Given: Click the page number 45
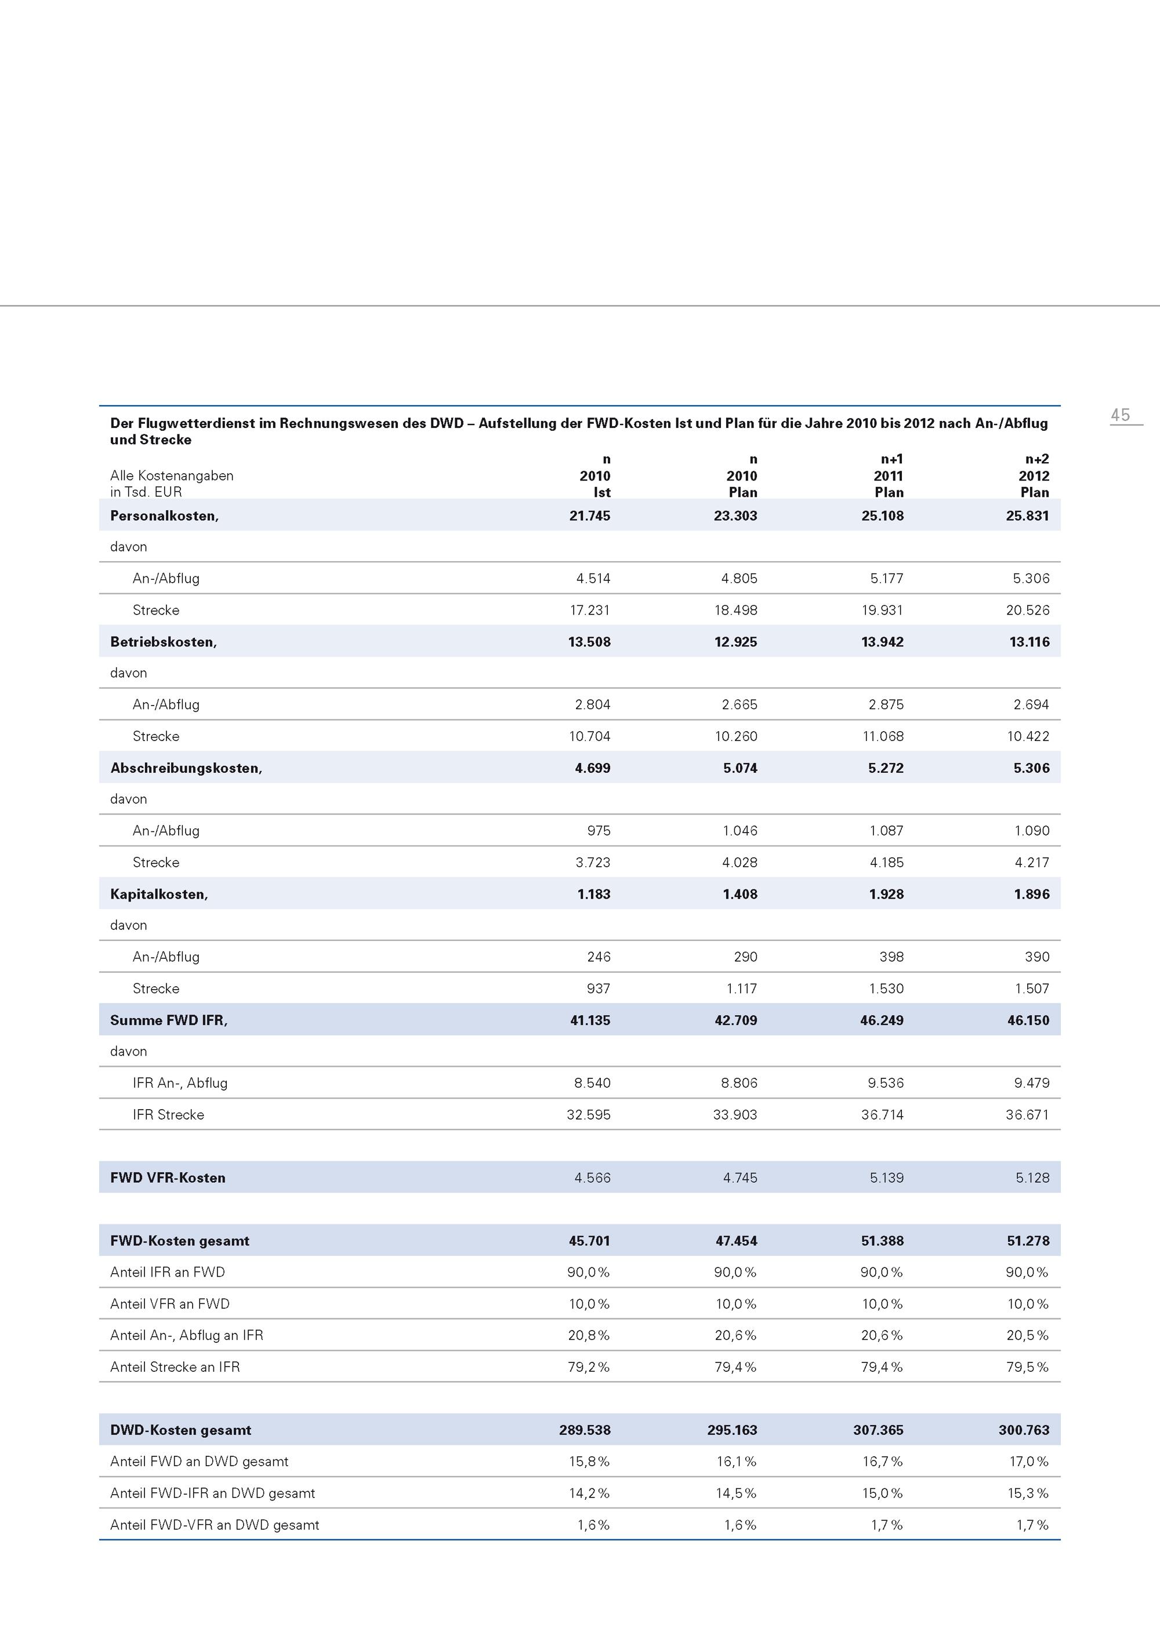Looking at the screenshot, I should click(x=1120, y=415).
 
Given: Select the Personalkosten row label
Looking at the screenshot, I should click(x=164, y=516).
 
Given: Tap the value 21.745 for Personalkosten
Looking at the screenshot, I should click(x=589, y=516).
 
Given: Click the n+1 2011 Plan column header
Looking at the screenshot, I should click(x=889, y=475).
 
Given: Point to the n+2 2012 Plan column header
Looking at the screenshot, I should click(x=1034, y=475).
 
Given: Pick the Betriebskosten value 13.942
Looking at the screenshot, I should click(x=882, y=642).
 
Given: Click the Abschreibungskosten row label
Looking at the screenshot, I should click(x=186, y=768).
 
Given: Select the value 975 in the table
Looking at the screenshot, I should click(x=599, y=831).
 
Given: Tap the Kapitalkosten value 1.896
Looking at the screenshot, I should click(x=1031, y=894).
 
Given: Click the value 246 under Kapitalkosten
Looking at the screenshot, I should click(x=599, y=957).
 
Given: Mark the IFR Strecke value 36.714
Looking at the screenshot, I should click(x=882, y=1114).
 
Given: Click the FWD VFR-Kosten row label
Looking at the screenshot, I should click(x=168, y=1178).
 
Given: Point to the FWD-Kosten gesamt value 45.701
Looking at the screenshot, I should click(x=589, y=1241).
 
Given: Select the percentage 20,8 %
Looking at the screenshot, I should click(x=589, y=1335).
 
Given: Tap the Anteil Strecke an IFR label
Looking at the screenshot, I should click(x=175, y=1367).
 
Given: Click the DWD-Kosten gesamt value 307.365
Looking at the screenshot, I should click(x=878, y=1430).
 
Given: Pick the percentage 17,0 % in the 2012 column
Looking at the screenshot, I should click(x=1028, y=1461).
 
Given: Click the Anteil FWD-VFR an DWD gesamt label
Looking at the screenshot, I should click(x=214, y=1525).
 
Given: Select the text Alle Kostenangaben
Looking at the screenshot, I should click(x=172, y=475).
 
